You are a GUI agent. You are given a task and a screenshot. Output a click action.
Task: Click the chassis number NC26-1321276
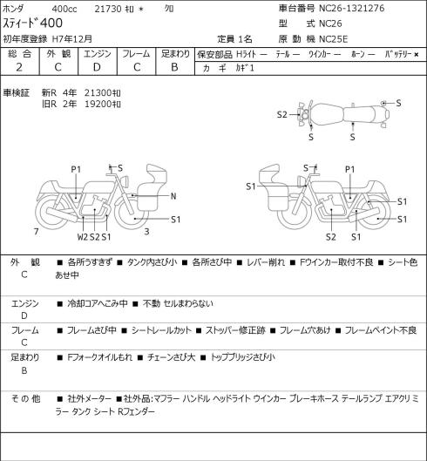coord(352,8)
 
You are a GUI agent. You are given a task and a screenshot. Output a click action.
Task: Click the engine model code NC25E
coord(334,39)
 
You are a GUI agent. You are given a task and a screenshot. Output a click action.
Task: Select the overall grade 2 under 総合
coord(19,67)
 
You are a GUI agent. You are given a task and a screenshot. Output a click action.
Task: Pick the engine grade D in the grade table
coord(97,67)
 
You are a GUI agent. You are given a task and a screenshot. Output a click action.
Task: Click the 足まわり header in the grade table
coord(175,54)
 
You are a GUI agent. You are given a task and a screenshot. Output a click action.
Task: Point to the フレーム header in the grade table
coord(136,54)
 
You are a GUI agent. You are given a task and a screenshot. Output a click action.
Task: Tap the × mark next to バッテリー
coord(417,54)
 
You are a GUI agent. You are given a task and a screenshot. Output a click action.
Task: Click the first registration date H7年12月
coord(72,39)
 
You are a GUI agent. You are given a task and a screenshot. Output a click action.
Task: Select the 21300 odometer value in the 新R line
coord(98,93)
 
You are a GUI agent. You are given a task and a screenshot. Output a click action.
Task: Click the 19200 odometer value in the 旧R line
coord(98,104)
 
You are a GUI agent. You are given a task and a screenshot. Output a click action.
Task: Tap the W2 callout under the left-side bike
coord(83,237)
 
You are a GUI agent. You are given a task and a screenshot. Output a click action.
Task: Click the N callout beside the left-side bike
coord(173,196)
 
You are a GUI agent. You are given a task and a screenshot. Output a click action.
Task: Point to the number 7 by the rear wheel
coord(37,232)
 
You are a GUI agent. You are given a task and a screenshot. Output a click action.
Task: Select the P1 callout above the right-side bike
coord(350,169)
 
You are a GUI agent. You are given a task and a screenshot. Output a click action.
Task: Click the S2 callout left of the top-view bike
coord(282,115)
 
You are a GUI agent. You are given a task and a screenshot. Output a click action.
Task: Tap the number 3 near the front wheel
coord(146,232)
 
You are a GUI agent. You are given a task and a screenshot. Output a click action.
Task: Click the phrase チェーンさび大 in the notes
coord(171,357)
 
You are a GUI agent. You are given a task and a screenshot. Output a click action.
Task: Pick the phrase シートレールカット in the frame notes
coord(161,330)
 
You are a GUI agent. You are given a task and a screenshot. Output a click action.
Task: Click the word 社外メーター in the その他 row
coord(90,398)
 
